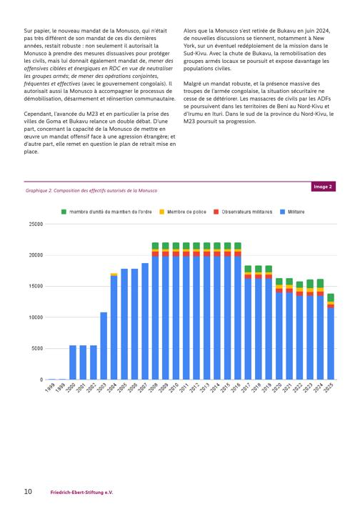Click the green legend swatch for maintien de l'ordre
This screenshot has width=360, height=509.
[64, 212]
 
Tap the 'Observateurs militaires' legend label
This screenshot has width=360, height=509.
[247, 212]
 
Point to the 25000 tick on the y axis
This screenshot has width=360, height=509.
[36, 224]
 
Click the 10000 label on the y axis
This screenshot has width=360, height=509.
[36, 317]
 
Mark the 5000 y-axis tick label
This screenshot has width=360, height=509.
[37, 349]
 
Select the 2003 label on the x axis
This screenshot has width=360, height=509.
[101, 387]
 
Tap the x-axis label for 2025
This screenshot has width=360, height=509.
[329, 387]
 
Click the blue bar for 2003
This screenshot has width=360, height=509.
[104, 346]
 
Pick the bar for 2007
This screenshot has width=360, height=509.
[145, 322]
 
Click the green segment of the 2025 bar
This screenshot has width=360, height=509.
[331, 297]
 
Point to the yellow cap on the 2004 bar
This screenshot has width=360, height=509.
[114, 275]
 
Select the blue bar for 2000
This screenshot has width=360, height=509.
[73, 362]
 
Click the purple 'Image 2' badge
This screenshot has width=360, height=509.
[323, 187]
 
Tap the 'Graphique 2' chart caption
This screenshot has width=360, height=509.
[91, 191]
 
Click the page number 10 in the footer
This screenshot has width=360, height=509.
[28, 491]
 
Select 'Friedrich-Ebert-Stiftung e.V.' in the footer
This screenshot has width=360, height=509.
[81, 493]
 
